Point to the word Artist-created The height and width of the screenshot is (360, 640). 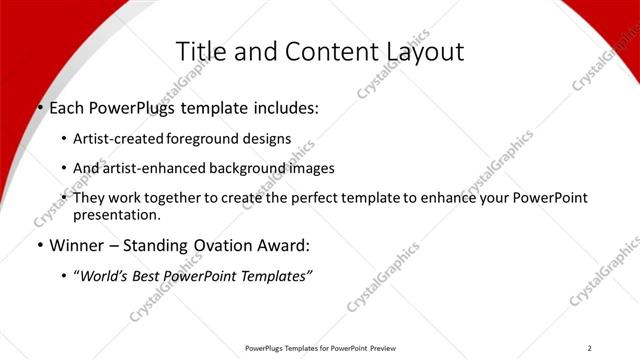[119, 139]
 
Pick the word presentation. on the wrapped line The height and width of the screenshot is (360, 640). [116, 214]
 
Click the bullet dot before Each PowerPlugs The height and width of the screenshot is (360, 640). [40, 108]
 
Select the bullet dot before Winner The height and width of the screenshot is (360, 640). [40, 245]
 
